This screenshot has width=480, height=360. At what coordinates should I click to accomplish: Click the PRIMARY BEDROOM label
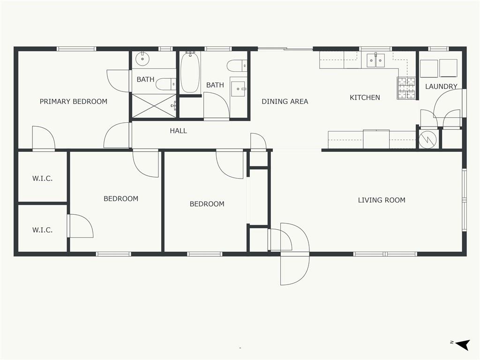[x=74, y=101]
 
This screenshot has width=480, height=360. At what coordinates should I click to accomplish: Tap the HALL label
[x=179, y=131]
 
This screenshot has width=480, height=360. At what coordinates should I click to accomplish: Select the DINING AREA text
[x=285, y=101]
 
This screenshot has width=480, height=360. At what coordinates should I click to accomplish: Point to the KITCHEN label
[x=365, y=97]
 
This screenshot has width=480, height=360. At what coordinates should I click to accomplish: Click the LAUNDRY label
[x=441, y=86]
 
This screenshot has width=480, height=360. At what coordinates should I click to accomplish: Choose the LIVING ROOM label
[x=382, y=200]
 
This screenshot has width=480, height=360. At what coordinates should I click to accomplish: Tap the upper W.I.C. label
[x=43, y=178]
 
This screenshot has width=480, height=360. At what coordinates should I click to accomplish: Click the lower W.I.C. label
[x=43, y=230]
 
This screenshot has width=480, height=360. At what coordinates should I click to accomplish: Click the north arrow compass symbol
[x=462, y=345]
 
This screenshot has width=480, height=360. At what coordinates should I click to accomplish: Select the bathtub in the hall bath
[x=190, y=72]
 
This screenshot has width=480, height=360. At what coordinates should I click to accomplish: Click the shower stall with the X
[x=154, y=106]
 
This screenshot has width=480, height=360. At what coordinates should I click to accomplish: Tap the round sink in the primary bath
[x=142, y=59]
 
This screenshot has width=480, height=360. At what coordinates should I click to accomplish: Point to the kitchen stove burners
[x=406, y=88]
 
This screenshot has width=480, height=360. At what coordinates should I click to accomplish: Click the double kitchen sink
[x=376, y=60]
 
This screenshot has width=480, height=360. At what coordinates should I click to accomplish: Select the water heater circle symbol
[x=427, y=139]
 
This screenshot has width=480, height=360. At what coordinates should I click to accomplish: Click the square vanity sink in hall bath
[x=238, y=89]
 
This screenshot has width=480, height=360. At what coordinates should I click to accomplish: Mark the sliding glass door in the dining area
[x=285, y=49]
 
